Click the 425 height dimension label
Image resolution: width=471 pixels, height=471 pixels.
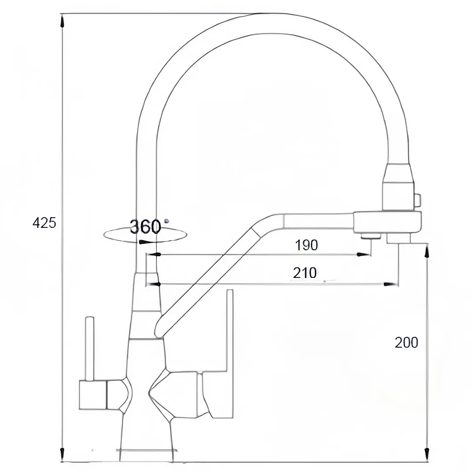pos(44,223)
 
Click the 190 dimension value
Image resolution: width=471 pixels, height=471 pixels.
pos(306,245)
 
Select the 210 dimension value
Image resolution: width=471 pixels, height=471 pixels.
pos(304,273)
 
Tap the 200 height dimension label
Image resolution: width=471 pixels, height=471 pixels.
pos(406,343)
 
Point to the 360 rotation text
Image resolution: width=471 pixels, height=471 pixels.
pos(145,227)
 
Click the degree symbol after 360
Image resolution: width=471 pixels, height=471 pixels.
pos(167,221)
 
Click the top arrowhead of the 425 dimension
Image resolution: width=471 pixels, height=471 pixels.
pos(62,21)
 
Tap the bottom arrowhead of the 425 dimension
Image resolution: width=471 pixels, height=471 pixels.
pos(62,454)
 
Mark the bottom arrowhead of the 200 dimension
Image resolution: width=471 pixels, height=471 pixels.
pos(426,454)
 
